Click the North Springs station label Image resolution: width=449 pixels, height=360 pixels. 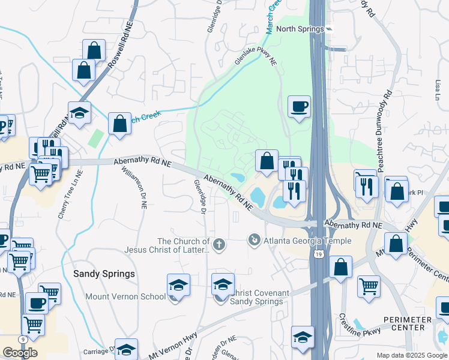300,29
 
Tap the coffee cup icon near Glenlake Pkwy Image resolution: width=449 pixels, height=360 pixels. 299,107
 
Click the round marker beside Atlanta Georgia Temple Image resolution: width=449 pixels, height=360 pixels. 255,241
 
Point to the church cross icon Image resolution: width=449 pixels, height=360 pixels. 220,244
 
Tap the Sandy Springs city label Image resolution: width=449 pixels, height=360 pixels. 104,273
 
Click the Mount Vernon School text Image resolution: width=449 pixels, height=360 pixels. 125,296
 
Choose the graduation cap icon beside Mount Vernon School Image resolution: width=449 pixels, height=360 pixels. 178,286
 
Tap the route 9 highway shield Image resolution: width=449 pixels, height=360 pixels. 23,339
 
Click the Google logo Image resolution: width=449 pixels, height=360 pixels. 20,353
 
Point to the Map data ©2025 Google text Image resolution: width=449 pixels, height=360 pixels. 412,355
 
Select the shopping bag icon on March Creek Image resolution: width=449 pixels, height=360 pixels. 120,124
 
